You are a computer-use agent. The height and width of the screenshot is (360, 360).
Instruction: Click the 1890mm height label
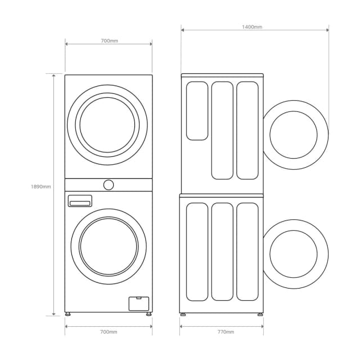41,187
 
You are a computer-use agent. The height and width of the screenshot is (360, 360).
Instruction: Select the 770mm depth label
225,332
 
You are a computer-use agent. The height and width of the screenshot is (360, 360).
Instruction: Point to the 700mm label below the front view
109,332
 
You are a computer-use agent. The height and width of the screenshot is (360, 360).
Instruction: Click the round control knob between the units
109,184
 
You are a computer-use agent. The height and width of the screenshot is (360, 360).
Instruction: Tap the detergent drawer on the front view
80,201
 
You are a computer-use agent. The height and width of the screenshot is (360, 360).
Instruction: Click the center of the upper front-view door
107,125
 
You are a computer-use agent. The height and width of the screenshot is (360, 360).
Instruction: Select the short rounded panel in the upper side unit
197,111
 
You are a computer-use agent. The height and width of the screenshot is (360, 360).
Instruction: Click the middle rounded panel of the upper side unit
222,130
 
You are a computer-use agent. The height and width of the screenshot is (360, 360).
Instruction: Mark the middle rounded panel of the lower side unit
222,252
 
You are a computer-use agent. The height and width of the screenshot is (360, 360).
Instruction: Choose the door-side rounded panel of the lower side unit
247,252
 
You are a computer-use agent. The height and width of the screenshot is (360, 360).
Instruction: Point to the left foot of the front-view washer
69,314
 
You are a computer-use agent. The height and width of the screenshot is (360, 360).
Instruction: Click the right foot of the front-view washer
148,314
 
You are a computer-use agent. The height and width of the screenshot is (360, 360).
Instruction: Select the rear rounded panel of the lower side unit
197,252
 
